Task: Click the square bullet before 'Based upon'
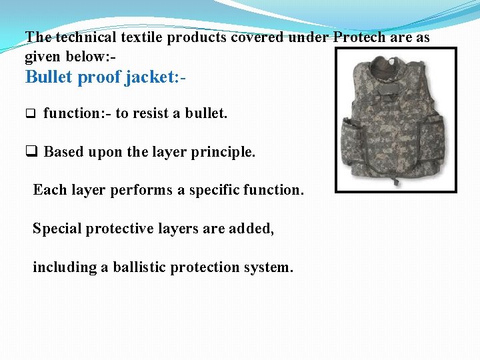(31, 152)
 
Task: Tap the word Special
(56, 229)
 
